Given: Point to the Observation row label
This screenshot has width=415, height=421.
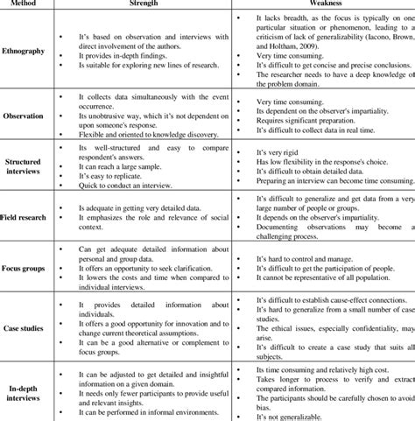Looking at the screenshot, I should pos(25,115).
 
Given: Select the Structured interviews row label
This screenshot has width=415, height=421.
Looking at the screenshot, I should pos(25,166).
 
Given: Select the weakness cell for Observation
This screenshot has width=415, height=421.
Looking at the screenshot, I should pos(322,115).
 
